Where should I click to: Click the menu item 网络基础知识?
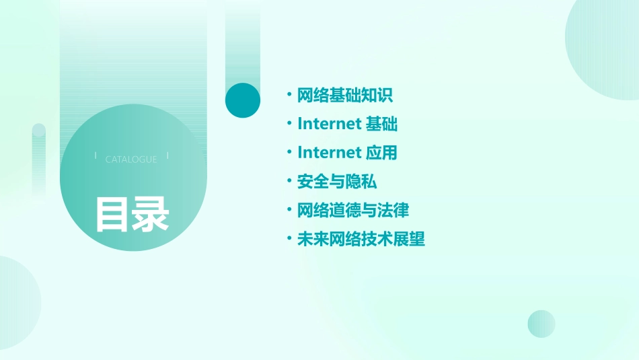(x=344, y=96)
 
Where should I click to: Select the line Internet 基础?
(x=347, y=124)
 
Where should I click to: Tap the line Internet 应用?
(x=347, y=153)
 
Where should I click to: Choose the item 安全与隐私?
(x=336, y=182)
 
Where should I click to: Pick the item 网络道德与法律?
(x=352, y=211)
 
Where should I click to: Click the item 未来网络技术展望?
(x=361, y=239)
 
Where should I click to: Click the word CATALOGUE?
(x=131, y=159)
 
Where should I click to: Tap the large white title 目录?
(x=132, y=214)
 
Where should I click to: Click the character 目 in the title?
(x=112, y=214)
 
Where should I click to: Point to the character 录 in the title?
(x=151, y=214)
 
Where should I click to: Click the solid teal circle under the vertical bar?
(x=243, y=100)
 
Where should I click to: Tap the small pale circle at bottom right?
(x=541, y=324)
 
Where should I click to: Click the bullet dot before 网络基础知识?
(x=289, y=95)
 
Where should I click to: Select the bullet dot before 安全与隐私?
(x=289, y=181)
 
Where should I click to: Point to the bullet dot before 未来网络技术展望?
(x=289, y=238)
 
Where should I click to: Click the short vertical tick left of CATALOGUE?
(x=96, y=156)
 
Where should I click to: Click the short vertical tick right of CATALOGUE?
(x=167, y=156)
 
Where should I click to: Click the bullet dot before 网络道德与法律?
(x=289, y=210)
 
